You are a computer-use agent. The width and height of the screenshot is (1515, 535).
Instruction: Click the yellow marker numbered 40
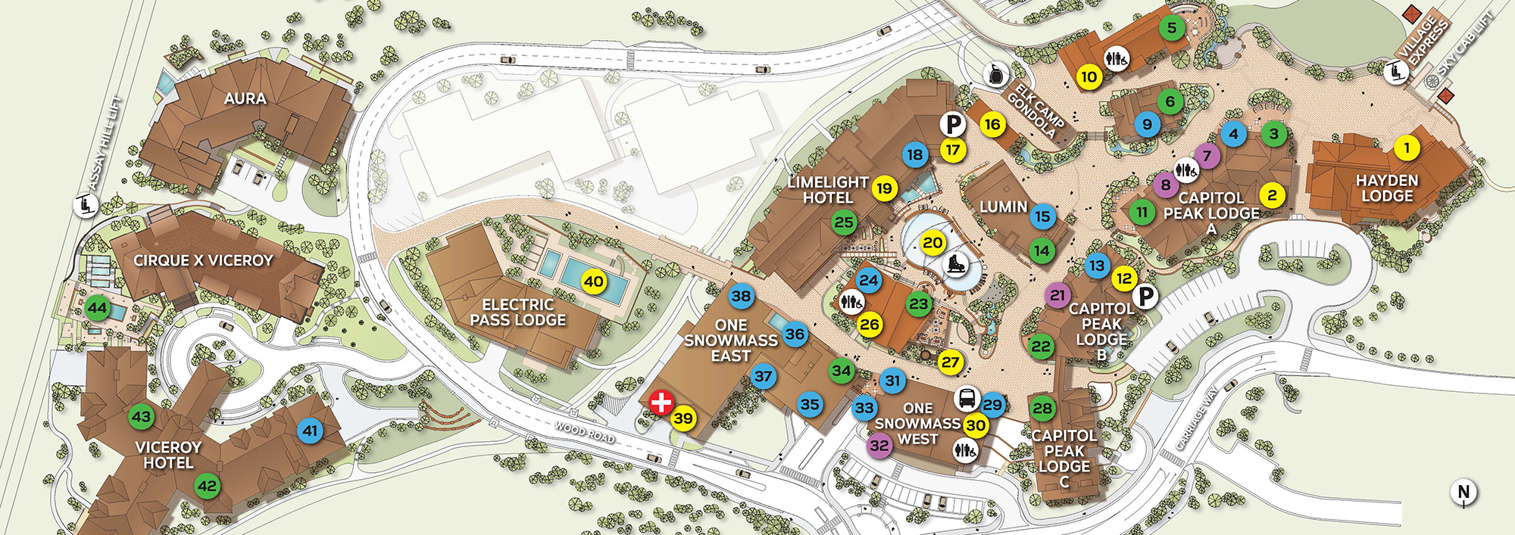(593, 282)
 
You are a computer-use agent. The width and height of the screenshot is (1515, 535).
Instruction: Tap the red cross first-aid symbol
(661, 402)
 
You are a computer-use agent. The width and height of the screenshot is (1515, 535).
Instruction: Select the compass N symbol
(1463, 492)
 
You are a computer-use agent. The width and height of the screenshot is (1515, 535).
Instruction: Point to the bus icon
(967, 398)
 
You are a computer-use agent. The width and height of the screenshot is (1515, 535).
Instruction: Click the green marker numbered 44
(97, 308)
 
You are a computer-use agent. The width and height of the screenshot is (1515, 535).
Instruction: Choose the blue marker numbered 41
(310, 431)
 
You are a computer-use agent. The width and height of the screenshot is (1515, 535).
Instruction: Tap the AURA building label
(245, 98)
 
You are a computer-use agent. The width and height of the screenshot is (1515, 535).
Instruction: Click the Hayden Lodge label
(1387, 188)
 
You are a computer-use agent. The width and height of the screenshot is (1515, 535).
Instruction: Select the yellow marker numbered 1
(1407, 148)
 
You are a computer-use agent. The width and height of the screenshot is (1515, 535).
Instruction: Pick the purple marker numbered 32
(879, 446)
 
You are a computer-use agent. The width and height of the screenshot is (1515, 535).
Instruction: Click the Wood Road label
(584, 433)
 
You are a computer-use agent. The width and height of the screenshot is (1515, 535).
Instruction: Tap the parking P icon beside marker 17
(953, 124)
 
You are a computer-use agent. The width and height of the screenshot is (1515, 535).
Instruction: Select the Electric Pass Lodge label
(517, 313)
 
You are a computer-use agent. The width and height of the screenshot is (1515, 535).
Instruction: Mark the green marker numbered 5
(1171, 29)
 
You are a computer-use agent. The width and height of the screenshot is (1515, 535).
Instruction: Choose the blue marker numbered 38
(741, 297)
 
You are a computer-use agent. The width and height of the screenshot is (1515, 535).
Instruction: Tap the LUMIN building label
(1003, 207)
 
